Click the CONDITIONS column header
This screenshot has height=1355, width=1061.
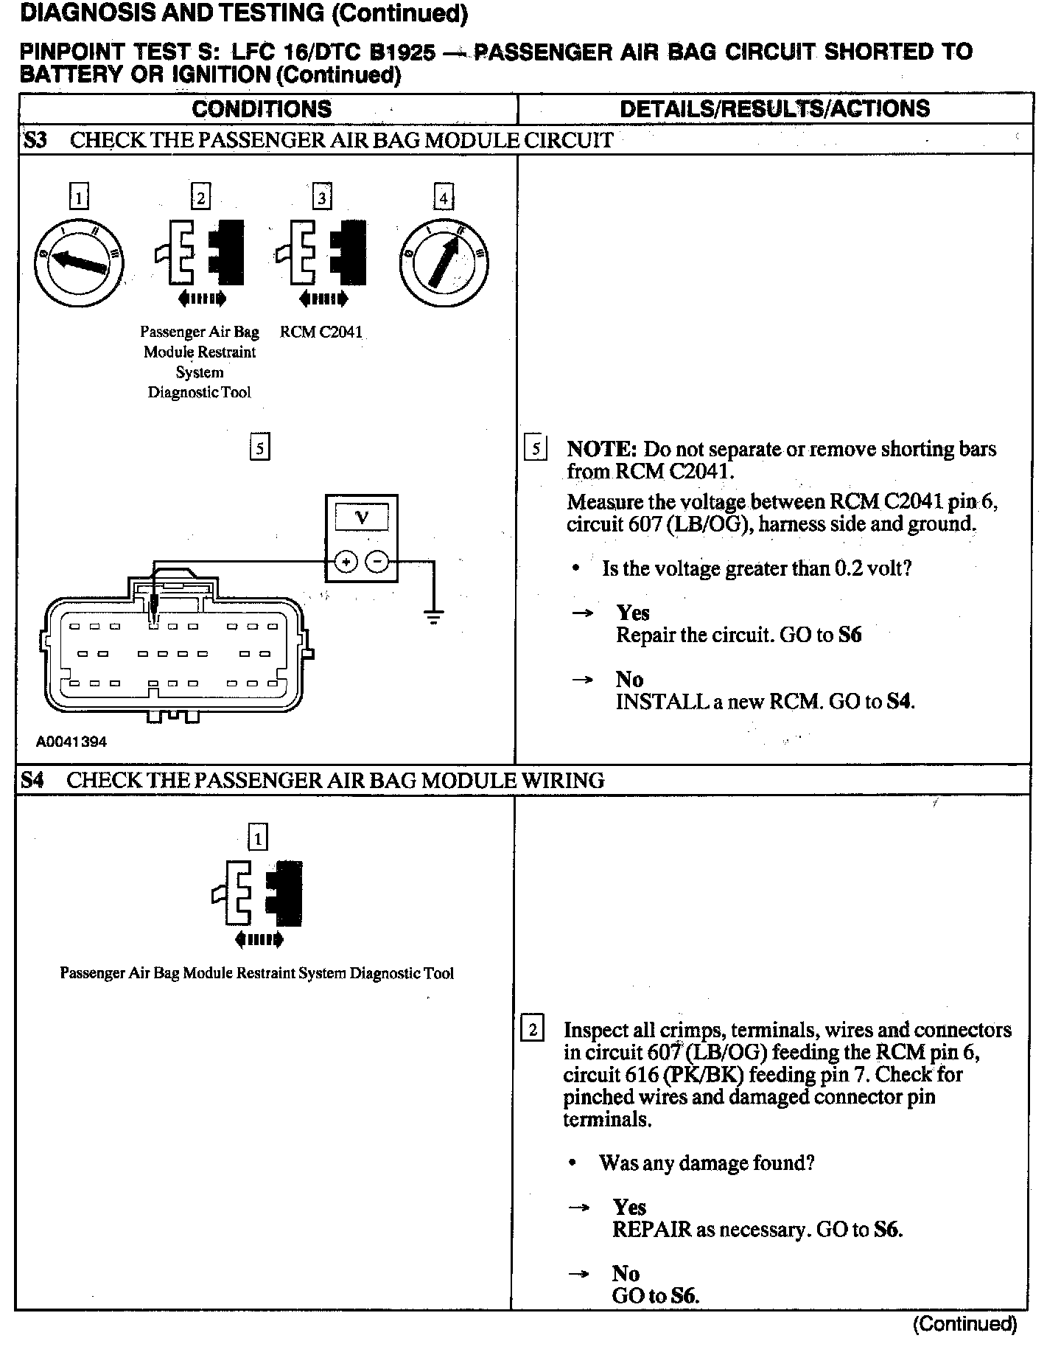tap(262, 109)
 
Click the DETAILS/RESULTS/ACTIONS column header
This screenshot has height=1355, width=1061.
tap(774, 109)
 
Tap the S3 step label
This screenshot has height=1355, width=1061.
tap(35, 140)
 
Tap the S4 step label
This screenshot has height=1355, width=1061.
tap(32, 780)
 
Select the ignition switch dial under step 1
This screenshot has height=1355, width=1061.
tap(79, 262)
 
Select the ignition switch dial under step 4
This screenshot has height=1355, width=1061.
tap(443, 262)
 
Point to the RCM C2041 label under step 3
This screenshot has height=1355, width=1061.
tap(321, 332)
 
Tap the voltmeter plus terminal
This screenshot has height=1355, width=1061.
tap(346, 562)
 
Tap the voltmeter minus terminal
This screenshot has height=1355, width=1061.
tap(377, 562)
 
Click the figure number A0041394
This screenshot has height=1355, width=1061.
tap(71, 742)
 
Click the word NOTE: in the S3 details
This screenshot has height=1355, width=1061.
tap(601, 449)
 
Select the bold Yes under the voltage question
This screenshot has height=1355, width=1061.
tap(633, 613)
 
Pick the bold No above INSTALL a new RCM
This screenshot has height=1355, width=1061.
tap(629, 679)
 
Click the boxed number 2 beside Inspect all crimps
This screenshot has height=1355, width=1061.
tap(532, 1029)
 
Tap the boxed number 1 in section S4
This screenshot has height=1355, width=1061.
tap(257, 837)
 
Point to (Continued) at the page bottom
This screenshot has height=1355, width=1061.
tap(965, 1324)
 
